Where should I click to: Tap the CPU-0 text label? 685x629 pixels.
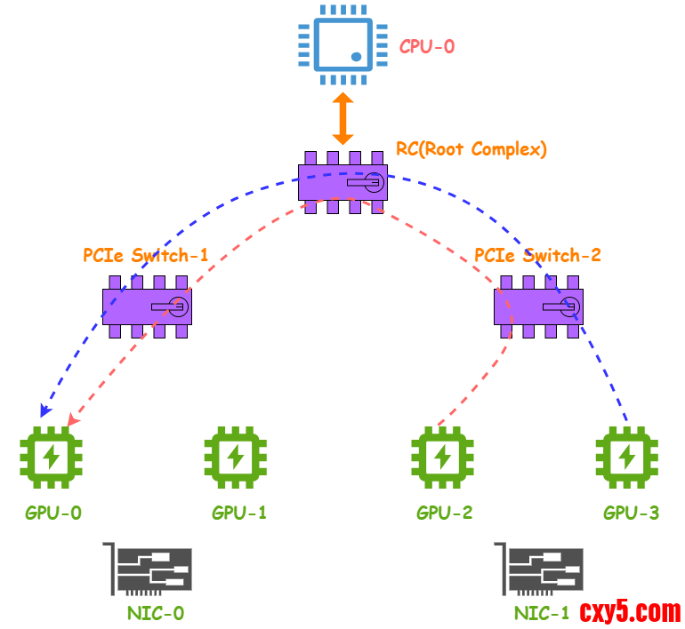[x=427, y=46]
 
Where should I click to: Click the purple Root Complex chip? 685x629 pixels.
[x=342, y=182]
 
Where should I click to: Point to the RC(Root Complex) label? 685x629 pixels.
[x=471, y=149]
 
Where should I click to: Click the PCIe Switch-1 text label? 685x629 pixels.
[x=146, y=256]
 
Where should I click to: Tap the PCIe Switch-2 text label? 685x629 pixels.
[x=537, y=256]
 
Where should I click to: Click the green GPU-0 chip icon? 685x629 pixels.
[x=51, y=458]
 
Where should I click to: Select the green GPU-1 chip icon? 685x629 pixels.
[x=236, y=458]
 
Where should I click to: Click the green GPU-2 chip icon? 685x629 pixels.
[x=442, y=458]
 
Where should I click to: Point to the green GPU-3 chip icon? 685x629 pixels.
[x=627, y=458]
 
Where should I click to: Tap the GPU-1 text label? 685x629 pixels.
[x=238, y=513]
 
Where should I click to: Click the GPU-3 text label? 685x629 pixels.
[x=631, y=513]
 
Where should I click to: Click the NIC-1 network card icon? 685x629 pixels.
[x=539, y=570]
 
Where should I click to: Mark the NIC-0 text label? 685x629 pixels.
[x=156, y=613]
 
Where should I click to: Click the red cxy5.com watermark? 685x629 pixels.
[x=630, y=611]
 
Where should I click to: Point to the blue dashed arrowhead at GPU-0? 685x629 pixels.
[x=44, y=411]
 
